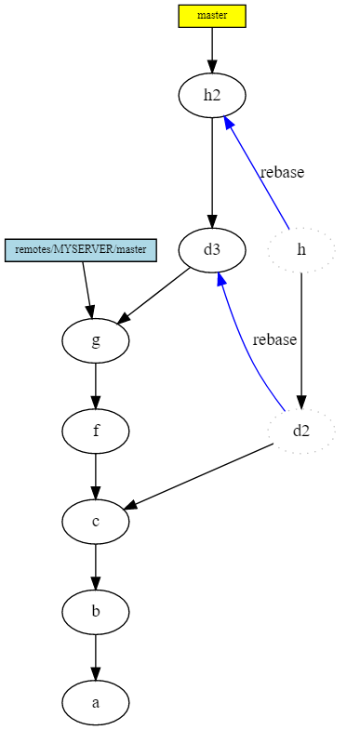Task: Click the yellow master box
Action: coord(212,16)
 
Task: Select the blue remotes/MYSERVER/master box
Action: coord(81,249)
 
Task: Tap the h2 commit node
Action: coord(212,95)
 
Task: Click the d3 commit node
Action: coord(212,249)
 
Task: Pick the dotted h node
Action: coord(300,249)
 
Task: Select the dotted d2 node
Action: coord(300,431)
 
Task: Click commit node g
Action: coord(96,340)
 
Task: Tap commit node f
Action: coord(96,431)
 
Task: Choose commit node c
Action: coord(96,521)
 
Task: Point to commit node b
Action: coord(96,612)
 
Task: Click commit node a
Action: coord(96,702)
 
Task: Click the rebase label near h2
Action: coord(282,172)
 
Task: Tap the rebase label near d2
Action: coord(274,339)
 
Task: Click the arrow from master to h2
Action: coord(212,49)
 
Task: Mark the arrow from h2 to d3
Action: coord(212,172)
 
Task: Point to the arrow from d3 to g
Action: coord(155,297)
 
